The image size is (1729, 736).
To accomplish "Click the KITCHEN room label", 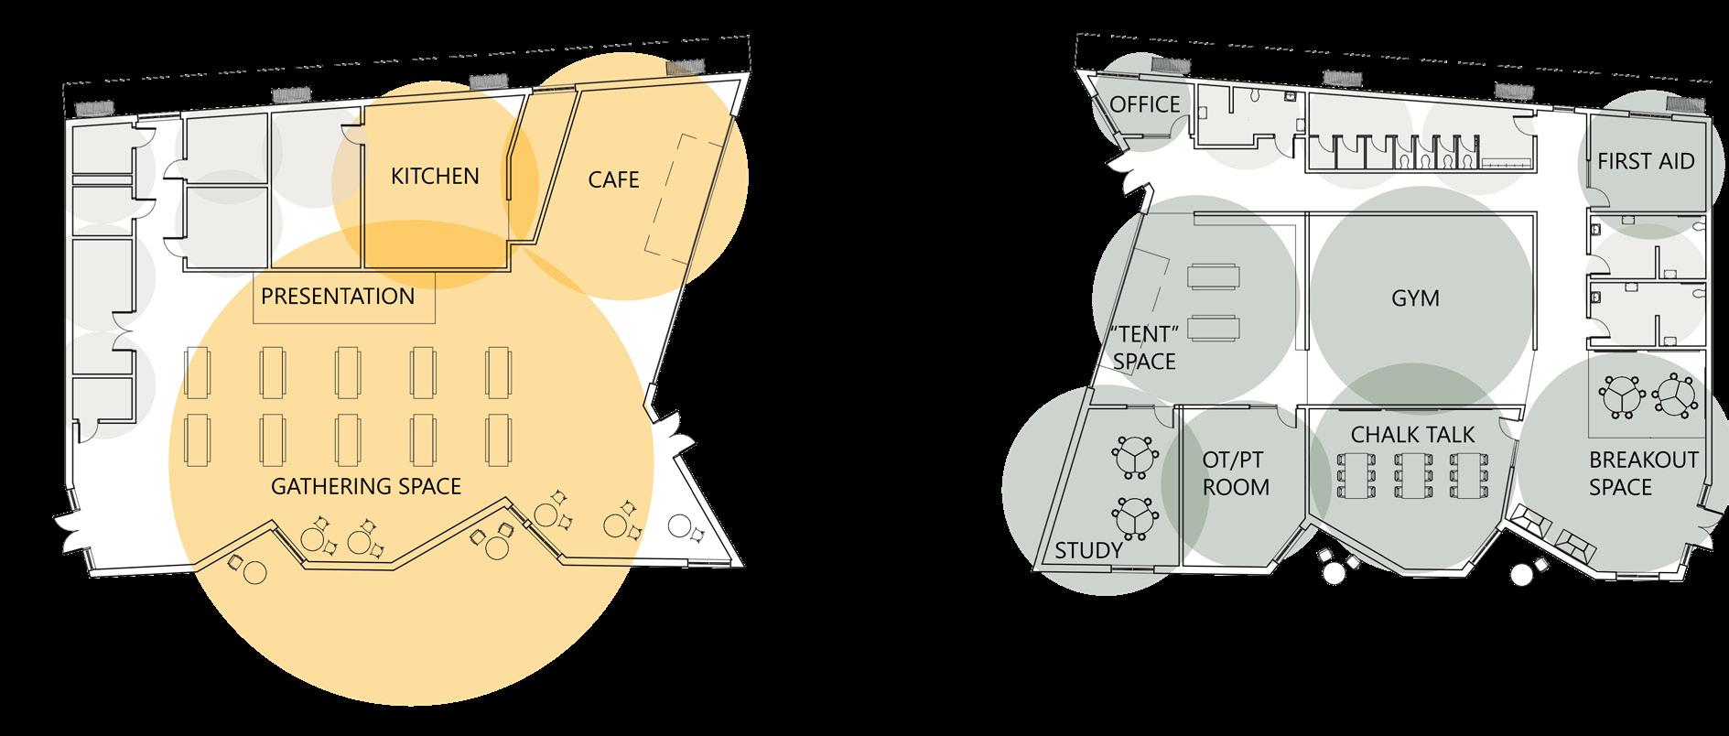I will [435, 176].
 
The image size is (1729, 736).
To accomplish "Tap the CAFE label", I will [613, 179].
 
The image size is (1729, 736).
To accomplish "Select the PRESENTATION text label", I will [338, 297].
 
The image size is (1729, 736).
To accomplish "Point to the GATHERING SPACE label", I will [366, 486].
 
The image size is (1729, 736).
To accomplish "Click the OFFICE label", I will [1145, 104].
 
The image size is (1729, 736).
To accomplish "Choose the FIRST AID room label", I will [1646, 162].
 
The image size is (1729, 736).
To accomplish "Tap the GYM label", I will [1415, 298].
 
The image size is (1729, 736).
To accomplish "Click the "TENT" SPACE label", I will [1144, 347].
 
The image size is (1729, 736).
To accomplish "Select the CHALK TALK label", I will [1413, 434].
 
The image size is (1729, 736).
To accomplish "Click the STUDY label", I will [1088, 550].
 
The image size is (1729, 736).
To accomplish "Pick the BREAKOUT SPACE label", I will [1644, 473].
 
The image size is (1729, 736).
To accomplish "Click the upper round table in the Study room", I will [1135, 456].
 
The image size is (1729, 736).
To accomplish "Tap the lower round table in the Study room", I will [1135, 517].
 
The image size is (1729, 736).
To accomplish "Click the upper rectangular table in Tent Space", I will [1214, 276].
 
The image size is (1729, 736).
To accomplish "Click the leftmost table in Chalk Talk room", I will [1356, 475].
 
